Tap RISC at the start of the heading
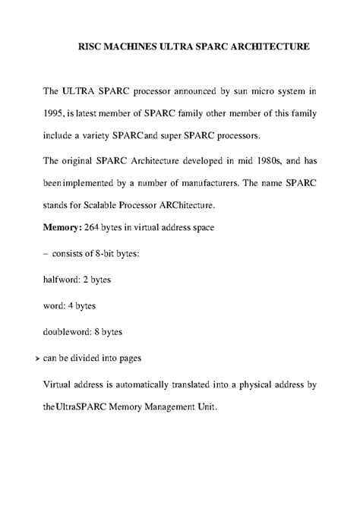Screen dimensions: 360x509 90,47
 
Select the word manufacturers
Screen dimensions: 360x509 202,183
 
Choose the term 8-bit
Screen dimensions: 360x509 124,254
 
